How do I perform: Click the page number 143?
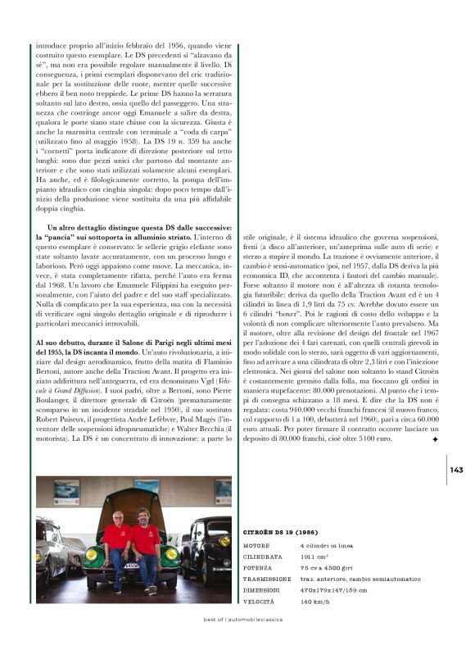(x=457, y=470)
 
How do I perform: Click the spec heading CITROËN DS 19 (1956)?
(x=280, y=532)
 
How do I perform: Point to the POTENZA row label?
(x=259, y=566)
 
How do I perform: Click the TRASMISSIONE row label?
(x=267, y=578)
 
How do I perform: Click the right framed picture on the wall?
(x=223, y=491)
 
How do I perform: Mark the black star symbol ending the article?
(x=435, y=439)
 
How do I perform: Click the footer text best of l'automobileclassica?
(x=242, y=620)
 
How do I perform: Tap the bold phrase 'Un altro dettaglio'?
(x=79, y=226)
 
